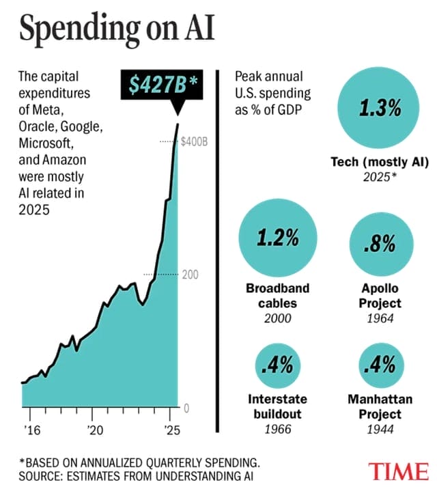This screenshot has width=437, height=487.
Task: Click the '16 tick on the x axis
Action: coord(31,430)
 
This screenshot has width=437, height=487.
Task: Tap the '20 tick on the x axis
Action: coord(95,430)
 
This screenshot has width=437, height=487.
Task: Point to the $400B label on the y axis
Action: coord(194,141)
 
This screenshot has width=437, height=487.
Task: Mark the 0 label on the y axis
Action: coord(186,408)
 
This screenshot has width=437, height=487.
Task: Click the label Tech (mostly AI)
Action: coord(379,163)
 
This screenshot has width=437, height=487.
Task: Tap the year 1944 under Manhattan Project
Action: coord(379,430)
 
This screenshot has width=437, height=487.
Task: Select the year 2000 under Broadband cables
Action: coord(278,318)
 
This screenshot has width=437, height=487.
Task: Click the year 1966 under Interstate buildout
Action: coord(278,430)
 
